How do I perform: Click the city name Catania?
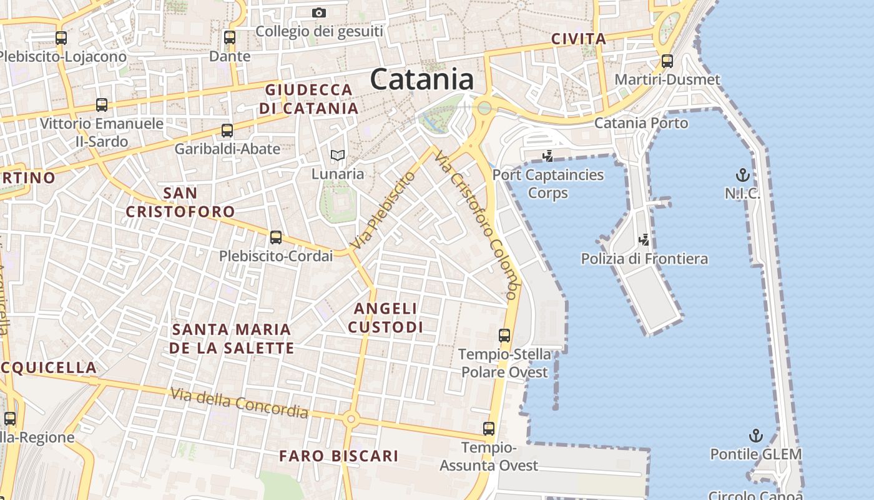421,80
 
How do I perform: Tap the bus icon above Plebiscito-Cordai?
275,237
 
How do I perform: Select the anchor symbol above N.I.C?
743,174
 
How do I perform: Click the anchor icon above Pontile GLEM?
756,435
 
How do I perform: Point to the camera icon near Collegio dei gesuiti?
319,12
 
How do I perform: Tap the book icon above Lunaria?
338,155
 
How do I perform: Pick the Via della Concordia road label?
240,403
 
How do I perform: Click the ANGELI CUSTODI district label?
385,317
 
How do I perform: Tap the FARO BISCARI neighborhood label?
338,456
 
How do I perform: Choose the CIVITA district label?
579,39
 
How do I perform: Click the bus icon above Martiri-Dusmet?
667,61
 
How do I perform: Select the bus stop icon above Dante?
230,37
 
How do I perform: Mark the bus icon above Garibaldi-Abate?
227,131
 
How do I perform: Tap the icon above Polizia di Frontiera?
644,239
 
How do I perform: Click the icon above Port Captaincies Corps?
548,156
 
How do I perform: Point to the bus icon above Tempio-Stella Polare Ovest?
504,336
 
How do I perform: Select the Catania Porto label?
641,122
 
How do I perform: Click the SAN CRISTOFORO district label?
180,202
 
